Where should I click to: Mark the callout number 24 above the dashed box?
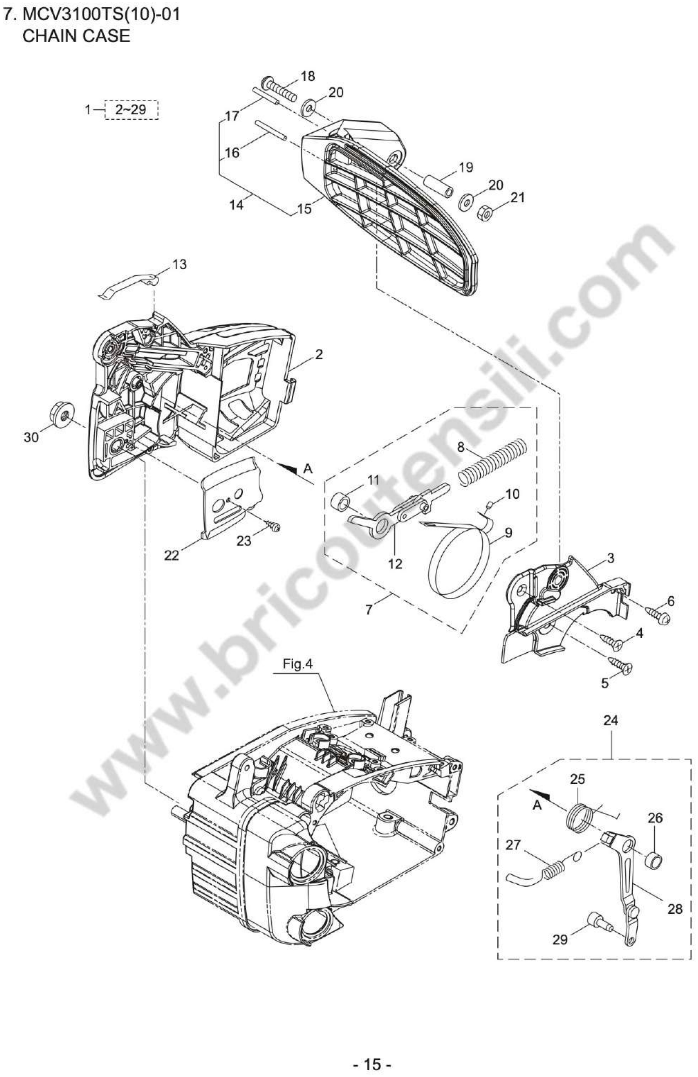point(611,721)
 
